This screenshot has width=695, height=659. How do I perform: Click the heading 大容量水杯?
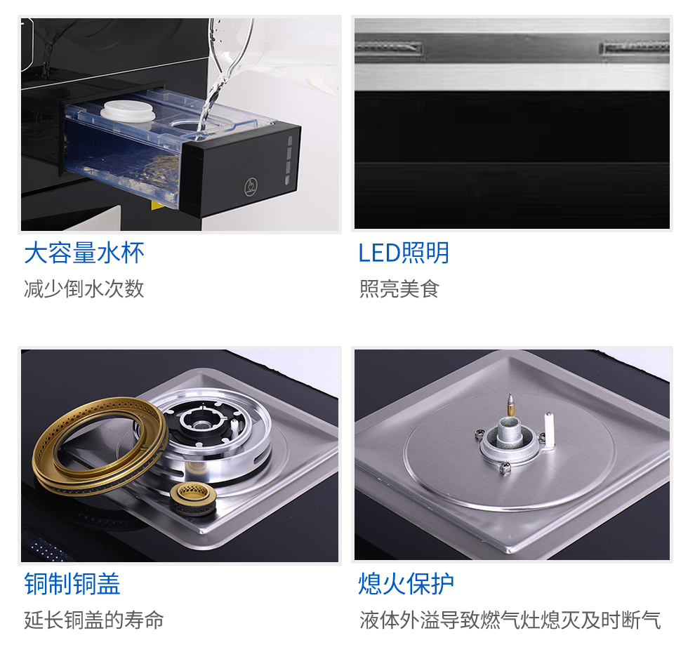click(x=84, y=253)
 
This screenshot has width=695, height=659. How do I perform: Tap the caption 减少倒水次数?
click(x=84, y=289)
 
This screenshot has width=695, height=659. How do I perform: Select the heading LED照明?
click(x=404, y=253)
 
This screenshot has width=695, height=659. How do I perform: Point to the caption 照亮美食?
click(x=399, y=289)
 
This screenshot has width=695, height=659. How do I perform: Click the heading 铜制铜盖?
click(x=72, y=584)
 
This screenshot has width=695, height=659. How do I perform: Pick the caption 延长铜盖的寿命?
click(x=94, y=620)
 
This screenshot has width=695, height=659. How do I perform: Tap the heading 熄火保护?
click(x=406, y=584)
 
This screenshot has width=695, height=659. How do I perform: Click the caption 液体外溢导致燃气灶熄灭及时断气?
click(x=510, y=620)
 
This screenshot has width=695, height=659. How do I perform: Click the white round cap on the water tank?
click(x=128, y=111)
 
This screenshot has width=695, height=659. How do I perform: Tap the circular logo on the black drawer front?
click(x=251, y=186)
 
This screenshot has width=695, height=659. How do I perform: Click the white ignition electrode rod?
click(x=549, y=430)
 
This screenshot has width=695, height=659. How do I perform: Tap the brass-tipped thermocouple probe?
click(x=510, y=404)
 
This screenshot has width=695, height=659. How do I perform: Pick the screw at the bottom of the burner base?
click(x=505, y=467)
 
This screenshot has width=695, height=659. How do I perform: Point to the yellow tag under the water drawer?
click(x=156, y=205)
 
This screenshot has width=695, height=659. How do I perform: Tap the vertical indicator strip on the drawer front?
click(x=289, y=160)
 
